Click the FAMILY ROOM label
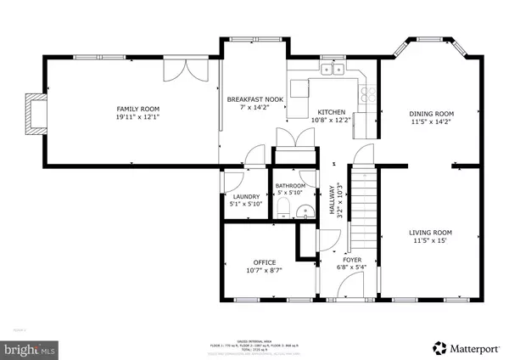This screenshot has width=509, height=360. [x=137, y=109]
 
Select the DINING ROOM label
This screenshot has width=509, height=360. [x=432, y=114]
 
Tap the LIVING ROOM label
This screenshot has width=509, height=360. [x=430, y=231]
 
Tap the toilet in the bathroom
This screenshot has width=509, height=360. [x=279, y=210]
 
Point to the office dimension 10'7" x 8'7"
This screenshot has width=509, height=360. [x=266, y=271]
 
